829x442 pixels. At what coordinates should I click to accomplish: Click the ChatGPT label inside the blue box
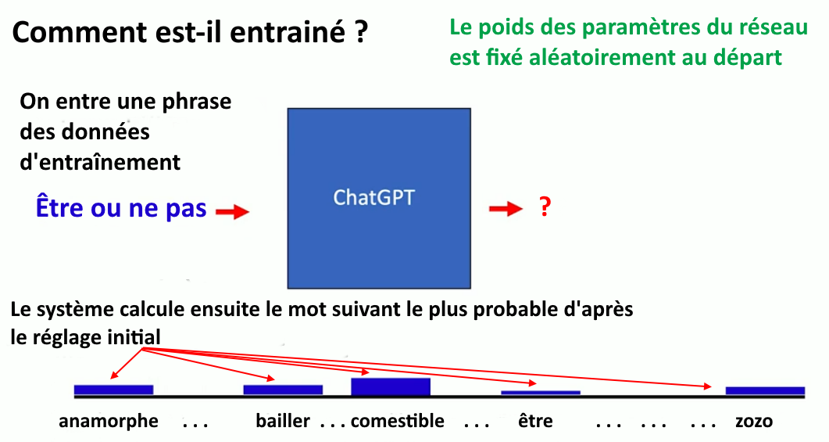[x=373, y=197]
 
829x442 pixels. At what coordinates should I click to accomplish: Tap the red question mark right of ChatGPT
[x=545, y=207]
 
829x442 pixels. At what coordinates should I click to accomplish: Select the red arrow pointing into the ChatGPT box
[x=233, y=212]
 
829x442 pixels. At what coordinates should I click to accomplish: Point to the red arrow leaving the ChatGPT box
[x=506, y=209]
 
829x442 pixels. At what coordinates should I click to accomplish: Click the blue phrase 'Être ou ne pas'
[x=121, y=207]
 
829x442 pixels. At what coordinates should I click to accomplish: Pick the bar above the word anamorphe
[x=113, y=390]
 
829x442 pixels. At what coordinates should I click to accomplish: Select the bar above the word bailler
[x=283, y=390]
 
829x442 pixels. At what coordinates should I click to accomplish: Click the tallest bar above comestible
[x=391, y=386]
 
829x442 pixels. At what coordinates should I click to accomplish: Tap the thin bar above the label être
[x=541, y=393]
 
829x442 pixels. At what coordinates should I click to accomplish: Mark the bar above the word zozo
[x=765, y=391]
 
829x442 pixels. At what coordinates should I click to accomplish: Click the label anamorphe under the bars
[x=109, y=422]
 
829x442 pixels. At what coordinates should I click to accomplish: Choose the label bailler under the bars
[x=283, y=421]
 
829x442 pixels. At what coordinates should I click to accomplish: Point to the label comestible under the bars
[x=398, y=421]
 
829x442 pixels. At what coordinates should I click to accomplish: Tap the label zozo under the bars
[x=754, y=422]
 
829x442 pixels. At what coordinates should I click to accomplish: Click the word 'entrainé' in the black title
[x=288, y=32]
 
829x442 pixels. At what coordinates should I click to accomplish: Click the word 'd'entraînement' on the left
[x=100, y=162]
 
